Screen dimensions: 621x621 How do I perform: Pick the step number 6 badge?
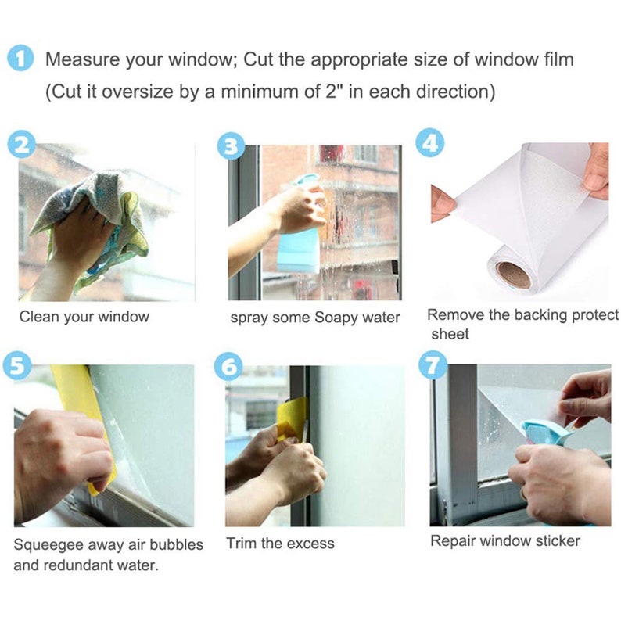[x=228, y=364]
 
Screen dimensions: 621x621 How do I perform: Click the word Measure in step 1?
[x=83, y=59]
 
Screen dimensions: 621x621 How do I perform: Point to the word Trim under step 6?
[x=242, y=543]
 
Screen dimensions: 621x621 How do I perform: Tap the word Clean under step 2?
[x=38, y=317]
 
